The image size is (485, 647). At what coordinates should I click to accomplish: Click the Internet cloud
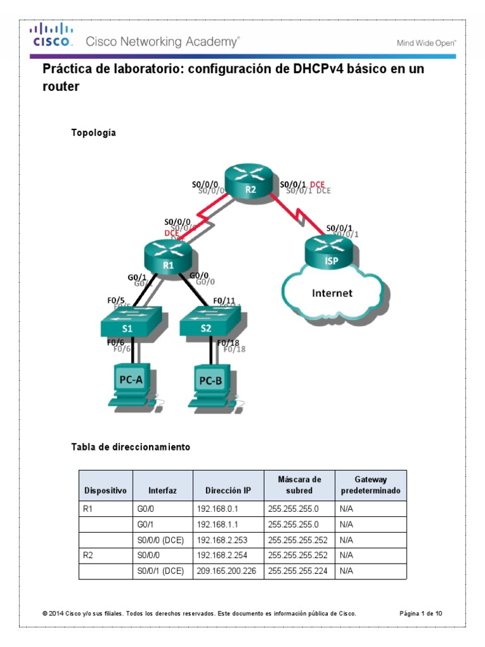tap(332, 293)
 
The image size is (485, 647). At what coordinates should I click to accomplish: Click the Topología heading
tap(93, 133)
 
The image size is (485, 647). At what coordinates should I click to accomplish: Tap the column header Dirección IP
tap(228, 490)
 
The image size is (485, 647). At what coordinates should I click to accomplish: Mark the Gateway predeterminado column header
tap(370, 485)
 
